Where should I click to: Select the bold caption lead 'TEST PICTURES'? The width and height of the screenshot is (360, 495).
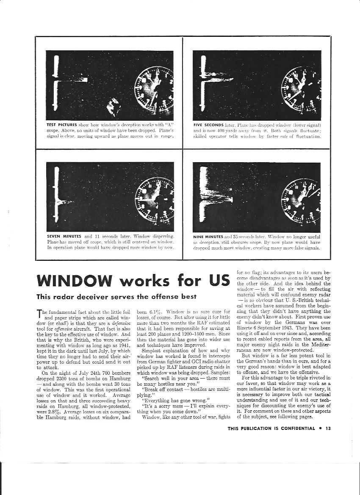(61, 125)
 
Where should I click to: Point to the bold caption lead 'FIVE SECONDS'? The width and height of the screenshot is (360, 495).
(207, 125)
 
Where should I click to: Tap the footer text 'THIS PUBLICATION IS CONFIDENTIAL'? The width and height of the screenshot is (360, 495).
(271, 428)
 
